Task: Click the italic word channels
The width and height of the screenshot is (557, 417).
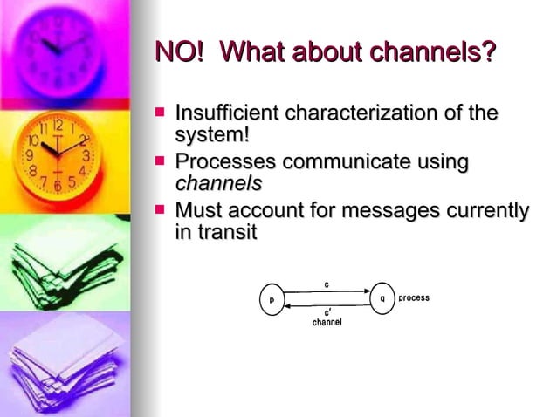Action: pos(219,184)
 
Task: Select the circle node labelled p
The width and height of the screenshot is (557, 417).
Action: pos(272,298)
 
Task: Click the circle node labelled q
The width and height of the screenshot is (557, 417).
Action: pos(382,298)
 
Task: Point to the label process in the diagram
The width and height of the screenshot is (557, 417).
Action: pos(414,298)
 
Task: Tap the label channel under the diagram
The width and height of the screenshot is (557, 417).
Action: pos(327,322)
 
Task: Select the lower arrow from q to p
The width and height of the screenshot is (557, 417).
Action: pos(327,304)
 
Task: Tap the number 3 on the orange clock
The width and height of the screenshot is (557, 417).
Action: pos(86,155)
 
